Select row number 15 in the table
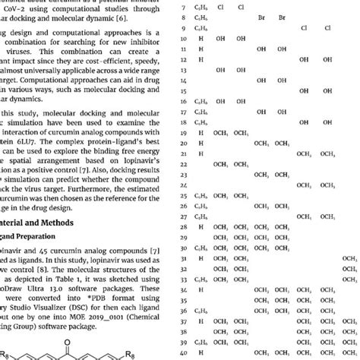(183, 99)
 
